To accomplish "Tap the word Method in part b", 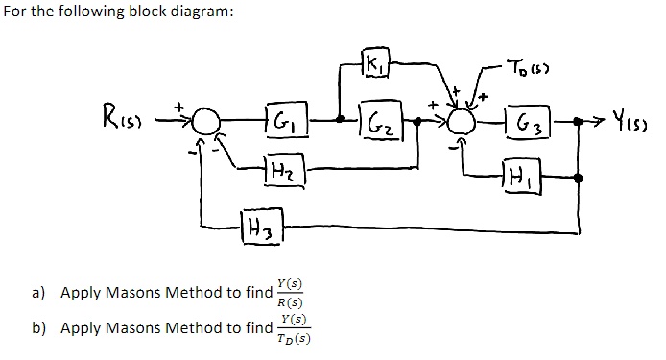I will coord(208,328).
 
